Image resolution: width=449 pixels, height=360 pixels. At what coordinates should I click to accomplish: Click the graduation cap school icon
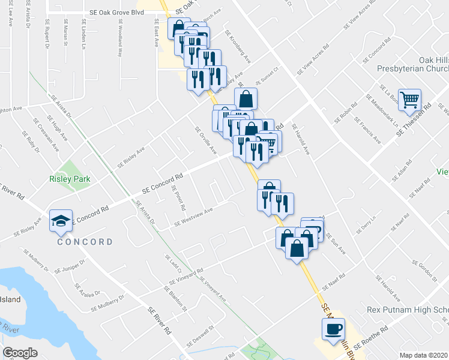coord(60,221)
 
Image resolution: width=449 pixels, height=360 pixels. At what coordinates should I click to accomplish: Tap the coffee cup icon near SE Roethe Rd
coord(333,329)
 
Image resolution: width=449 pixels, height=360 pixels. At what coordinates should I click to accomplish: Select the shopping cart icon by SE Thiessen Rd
coord(410,100)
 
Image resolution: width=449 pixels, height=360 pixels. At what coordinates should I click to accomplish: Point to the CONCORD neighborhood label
coord(85,242)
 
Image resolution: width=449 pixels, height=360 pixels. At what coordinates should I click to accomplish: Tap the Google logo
coord(20,353)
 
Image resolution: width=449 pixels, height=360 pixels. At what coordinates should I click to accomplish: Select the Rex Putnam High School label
coord(408,310)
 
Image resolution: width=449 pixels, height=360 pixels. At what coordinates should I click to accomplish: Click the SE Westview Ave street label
coord(194,217)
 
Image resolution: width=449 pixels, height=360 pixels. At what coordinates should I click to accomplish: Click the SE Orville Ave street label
coord(205,139)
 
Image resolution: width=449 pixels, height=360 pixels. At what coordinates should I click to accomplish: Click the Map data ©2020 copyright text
coord(423,355)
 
